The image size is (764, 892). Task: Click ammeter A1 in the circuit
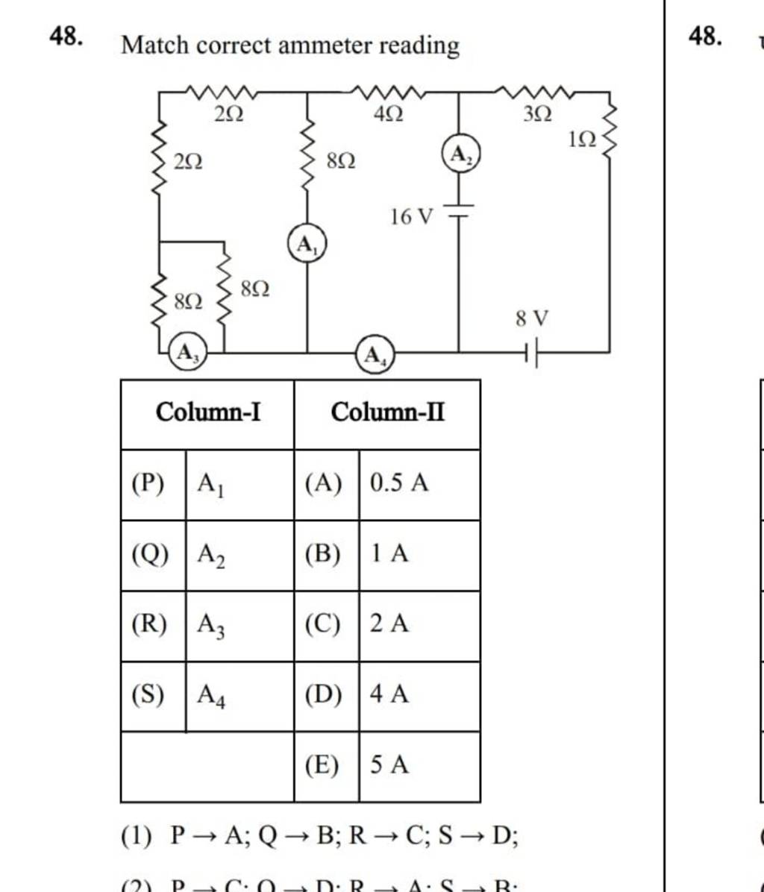click(x=307, y=245)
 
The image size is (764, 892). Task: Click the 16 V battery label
click(x=411, y=217)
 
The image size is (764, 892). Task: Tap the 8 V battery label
click(x=532, y=318)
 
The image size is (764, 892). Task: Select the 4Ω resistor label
click(x=389, y=115)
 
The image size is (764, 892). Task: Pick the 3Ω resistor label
click(x=537, y=114)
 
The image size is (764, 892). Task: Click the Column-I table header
click(x=207, y=412)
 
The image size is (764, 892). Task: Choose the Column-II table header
click(x=387, y=412)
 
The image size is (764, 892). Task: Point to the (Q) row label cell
click(x=152, y=554)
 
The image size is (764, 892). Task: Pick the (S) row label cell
click(x=152, y=694)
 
